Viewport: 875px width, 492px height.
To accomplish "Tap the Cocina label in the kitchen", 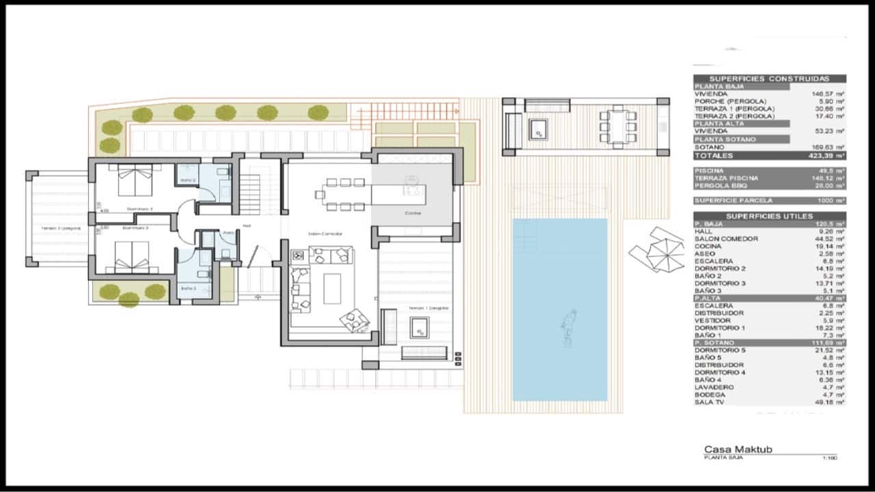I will tap(412, 213).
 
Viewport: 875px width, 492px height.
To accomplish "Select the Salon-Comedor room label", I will tap(325, 234).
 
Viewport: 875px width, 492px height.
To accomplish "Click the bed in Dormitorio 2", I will tap(133, 180).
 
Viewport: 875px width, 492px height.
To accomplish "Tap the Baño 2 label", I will tap(188, 180).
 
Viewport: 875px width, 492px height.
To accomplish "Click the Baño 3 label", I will tap(189, 288).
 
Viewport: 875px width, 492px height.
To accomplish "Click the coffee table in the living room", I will tap(332, 288).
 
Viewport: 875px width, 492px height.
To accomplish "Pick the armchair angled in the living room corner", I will tap(355, 319).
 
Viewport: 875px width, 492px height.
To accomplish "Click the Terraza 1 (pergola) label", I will tap(429, 308).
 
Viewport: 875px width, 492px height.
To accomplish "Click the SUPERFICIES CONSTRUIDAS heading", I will tap(769, 79).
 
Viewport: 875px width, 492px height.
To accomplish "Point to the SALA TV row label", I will tap(710, 402).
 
